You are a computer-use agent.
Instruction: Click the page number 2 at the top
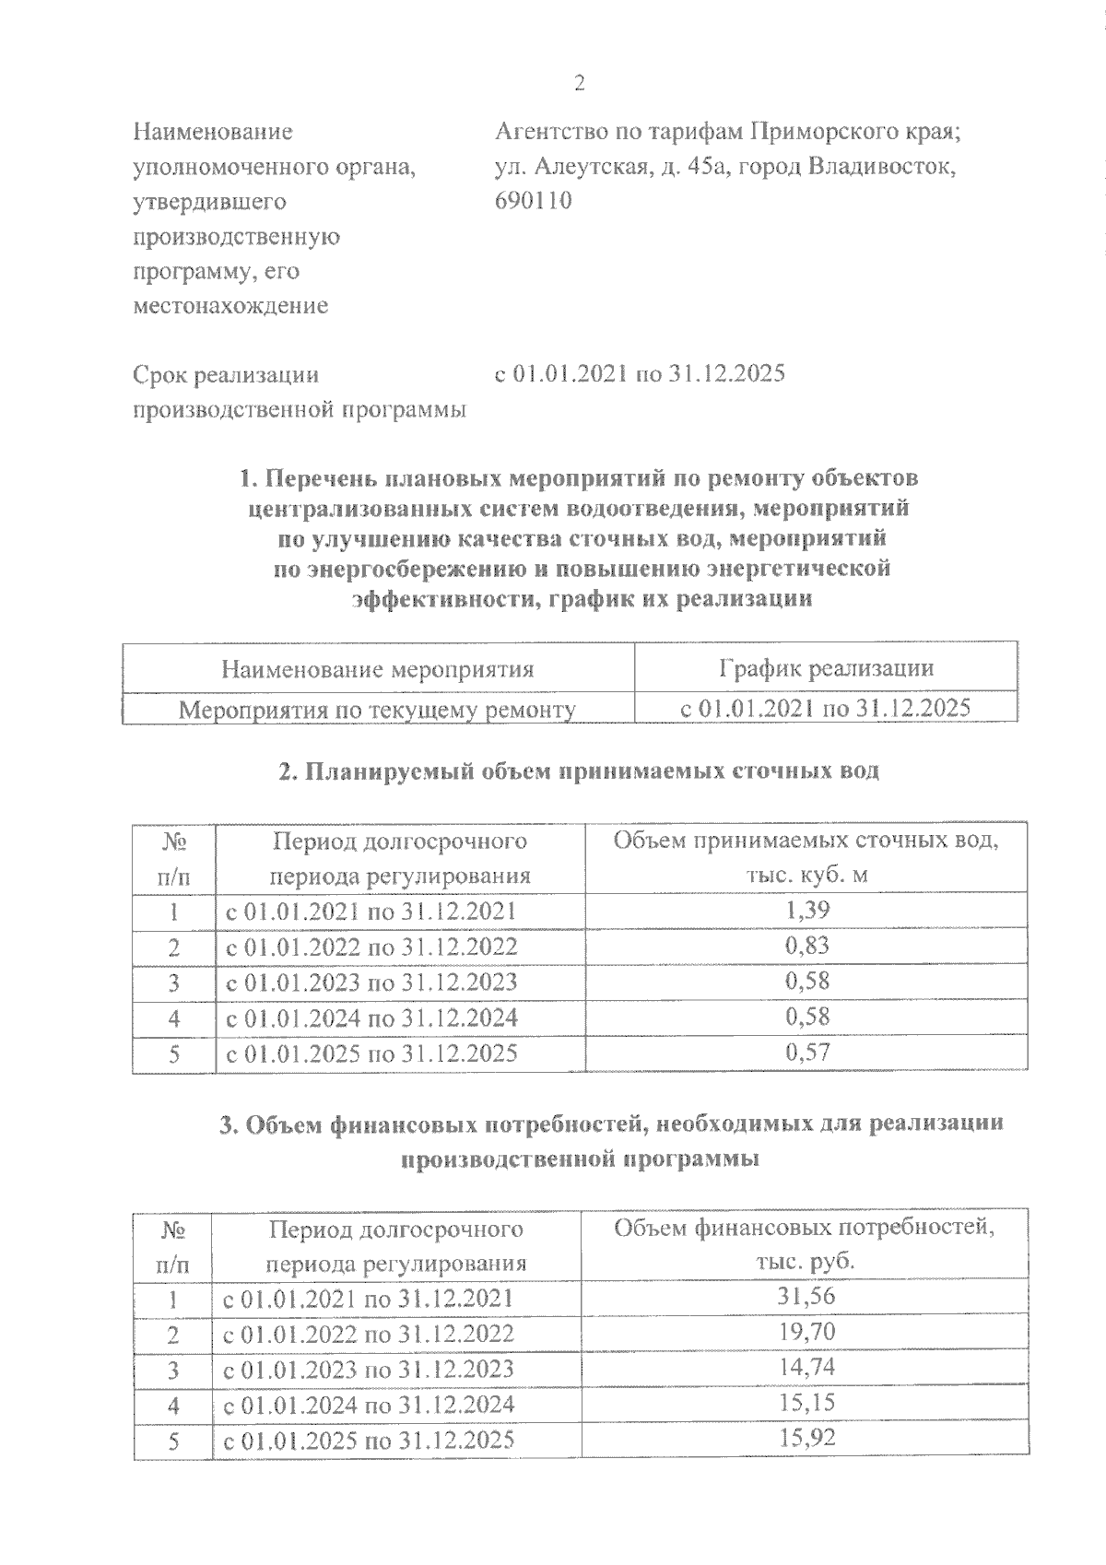click(x=579, y=84)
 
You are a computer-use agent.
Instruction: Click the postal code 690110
click(x=534, y=201)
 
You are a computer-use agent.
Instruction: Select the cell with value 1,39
click(x=806, y=911)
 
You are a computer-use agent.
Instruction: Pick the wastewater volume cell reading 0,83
click(x=806, y=946)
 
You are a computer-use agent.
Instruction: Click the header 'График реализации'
click(x=826, y=668)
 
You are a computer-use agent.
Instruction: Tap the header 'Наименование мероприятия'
click(x=377, y=669)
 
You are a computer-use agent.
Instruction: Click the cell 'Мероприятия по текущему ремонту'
click(x=377, y=710)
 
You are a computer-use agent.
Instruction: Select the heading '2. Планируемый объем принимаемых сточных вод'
click(x=579, y=771)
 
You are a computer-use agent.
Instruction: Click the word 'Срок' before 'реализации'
click(x=161, y=375)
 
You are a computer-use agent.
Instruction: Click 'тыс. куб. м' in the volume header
click(x=806, y=875)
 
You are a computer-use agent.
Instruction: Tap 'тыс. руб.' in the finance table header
click(x=805, y=1262)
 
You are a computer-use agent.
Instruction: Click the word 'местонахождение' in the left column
click(x=230, y=306)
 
